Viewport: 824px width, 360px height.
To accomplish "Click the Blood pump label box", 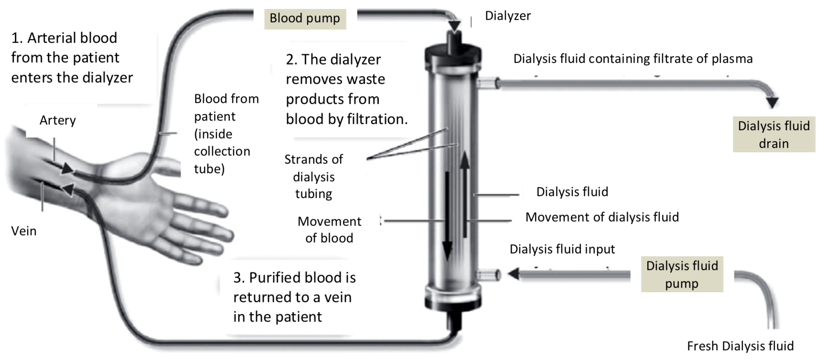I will tap(305, 19).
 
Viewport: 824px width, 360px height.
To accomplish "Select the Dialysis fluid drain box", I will tap(773, 135).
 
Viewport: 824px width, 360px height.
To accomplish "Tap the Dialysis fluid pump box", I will tap(682, 275).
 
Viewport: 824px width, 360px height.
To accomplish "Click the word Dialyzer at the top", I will tap(508, 16).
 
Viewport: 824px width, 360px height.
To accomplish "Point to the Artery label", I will tap(57, 120).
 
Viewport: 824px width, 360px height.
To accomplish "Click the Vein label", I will tap(24, 231).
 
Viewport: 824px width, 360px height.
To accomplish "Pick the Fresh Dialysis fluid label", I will tap(740, 346).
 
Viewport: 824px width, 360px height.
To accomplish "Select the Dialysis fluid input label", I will tap(562, 249).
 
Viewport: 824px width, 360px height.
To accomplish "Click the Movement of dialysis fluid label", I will tap(602, 217).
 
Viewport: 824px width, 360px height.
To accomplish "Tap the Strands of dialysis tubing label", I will tap(313, 176).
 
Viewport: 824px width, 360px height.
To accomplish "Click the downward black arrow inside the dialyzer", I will tap(447, 215).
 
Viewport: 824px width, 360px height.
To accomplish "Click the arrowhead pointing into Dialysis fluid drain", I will tap(772, 102).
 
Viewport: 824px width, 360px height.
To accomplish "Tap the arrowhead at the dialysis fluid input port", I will tap(514, 274).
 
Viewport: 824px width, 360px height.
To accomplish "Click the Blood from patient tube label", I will tap(226, 134).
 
